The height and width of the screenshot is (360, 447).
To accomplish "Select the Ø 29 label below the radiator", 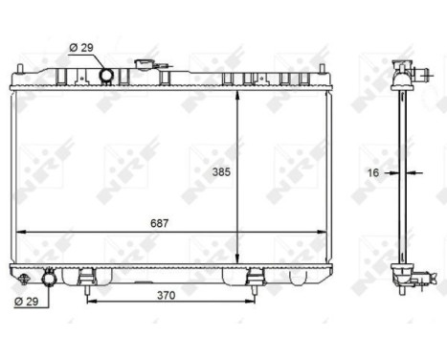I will pos(27,303).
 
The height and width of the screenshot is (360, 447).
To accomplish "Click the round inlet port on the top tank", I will pos(107,75).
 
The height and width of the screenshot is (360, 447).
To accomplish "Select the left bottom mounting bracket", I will pos(87,279).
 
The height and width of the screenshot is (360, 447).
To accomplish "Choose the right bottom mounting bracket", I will pos(254,279).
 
